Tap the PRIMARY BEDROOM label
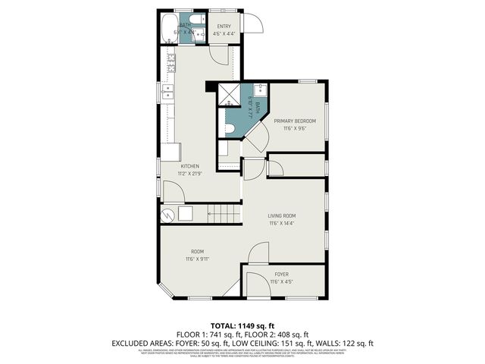tap(295, 121)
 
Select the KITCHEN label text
tap(189, 166)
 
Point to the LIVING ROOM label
tap(281, 216)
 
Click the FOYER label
tap(281, 275)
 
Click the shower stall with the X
tap(229, 96)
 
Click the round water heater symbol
tap(167, 215)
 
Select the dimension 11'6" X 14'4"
tap(281, 224)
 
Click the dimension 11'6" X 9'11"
tap(197, 259)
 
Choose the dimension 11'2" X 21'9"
tap(189, 174)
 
